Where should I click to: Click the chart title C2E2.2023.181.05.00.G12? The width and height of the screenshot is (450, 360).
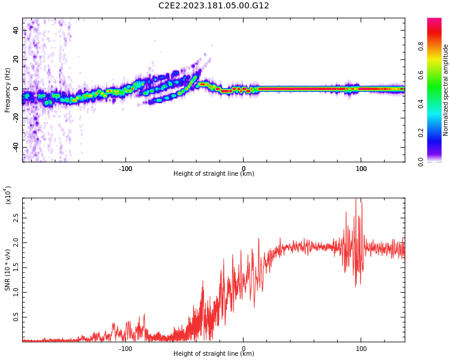pyautogui.click(x=214, y=6)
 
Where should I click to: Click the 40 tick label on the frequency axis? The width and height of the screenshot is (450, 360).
pyautogui.click(x=16, y=30)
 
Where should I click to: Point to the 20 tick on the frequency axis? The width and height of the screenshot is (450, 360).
pyautogui.click(x=16, y=59)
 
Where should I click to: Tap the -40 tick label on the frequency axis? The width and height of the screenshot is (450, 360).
pyautogui.click(x=14, y=147)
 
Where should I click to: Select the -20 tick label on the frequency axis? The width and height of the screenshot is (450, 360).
pyautogui.click(x=14, y=118)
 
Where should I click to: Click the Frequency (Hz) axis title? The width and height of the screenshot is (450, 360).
pyautogui.click(x=7, y=90)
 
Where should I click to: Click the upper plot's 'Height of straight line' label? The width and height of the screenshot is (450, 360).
pyautogui.click(x=214, y=174)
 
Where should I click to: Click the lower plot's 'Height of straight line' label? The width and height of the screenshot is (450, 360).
pyautogui.click(x=214, y=354)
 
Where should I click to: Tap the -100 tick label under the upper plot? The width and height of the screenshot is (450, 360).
pyautogui.click(x=125, y=169)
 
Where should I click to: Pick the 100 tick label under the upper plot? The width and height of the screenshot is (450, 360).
pyautogui.click(x=361, y=169)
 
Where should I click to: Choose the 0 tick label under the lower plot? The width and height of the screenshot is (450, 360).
pyautogui.click(x=243, y=349)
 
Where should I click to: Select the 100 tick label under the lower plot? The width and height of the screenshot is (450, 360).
pyautogui.click(x=361, y=349)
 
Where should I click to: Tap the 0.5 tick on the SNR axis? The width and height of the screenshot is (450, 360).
pyautogui.click(x=16, y=317)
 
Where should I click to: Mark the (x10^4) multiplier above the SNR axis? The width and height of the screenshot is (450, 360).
pyautogui.click(x=8, y=195)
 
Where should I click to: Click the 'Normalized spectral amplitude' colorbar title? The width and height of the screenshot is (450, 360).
pyautogui.click(x=446, y=90)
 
